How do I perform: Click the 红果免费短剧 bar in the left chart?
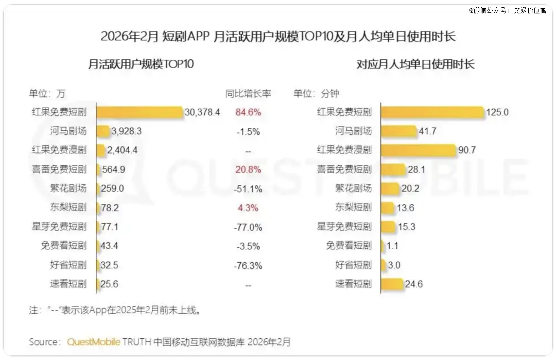(x=140, y=112)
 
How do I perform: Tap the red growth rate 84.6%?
(x=248, y=112)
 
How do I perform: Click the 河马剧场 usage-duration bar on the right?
(x=399, y=131)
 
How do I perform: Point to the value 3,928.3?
(x=126, y=131)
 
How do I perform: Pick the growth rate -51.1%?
(x=248, y=188)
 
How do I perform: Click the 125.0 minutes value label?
(x=497, y=112)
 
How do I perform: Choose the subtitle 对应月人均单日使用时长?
(x=415, y=64)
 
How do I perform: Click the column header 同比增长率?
(x=248, y=94)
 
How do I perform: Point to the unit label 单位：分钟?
(x=316, y=94)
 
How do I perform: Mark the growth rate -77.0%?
(x=248, y=227)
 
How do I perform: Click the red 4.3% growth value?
(x=248, y=208)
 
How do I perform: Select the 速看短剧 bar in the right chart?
(x=392, y=284)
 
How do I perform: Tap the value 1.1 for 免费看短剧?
(x=392, y=246)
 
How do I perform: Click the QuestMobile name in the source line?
(x=94, y=342)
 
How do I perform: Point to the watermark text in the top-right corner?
(x=507, y=10)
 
